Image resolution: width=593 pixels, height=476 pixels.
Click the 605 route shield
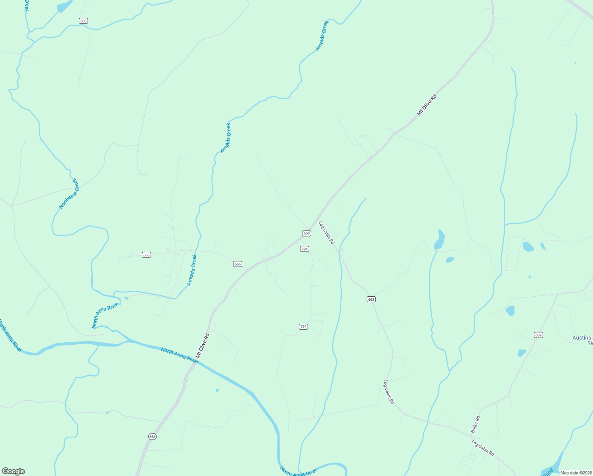click(x=83, y=21)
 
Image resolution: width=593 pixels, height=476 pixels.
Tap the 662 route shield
click(x=371, y=299)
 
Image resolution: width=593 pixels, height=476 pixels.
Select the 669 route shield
click(x=538, y=335)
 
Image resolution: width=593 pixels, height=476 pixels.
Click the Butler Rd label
click(x=476, y=424)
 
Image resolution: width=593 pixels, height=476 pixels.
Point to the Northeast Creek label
click(x=69, y=194)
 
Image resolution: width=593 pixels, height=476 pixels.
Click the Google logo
click(x=13, y=471)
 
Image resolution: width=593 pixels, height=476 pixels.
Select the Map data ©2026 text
click(x=576, y=473)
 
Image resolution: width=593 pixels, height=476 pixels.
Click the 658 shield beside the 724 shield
click(x=306, y=233)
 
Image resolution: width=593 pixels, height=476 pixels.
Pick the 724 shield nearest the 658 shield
click(x=304, y=249)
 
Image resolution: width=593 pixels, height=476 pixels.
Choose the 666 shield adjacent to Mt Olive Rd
click(x=237, y=264)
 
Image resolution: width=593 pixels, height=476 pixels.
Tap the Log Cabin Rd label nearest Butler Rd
click(x=483, y=447)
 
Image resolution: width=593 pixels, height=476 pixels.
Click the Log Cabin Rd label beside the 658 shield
click(x=326, y=232)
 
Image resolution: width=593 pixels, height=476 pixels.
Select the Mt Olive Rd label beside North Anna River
click(x=202, y=345)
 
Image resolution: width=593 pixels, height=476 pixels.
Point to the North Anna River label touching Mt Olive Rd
click(x=179, y=355)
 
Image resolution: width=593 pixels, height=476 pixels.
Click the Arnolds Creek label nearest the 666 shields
click(x=192, y=270)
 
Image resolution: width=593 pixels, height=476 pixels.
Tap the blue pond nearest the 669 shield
click(x=522, y=353)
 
